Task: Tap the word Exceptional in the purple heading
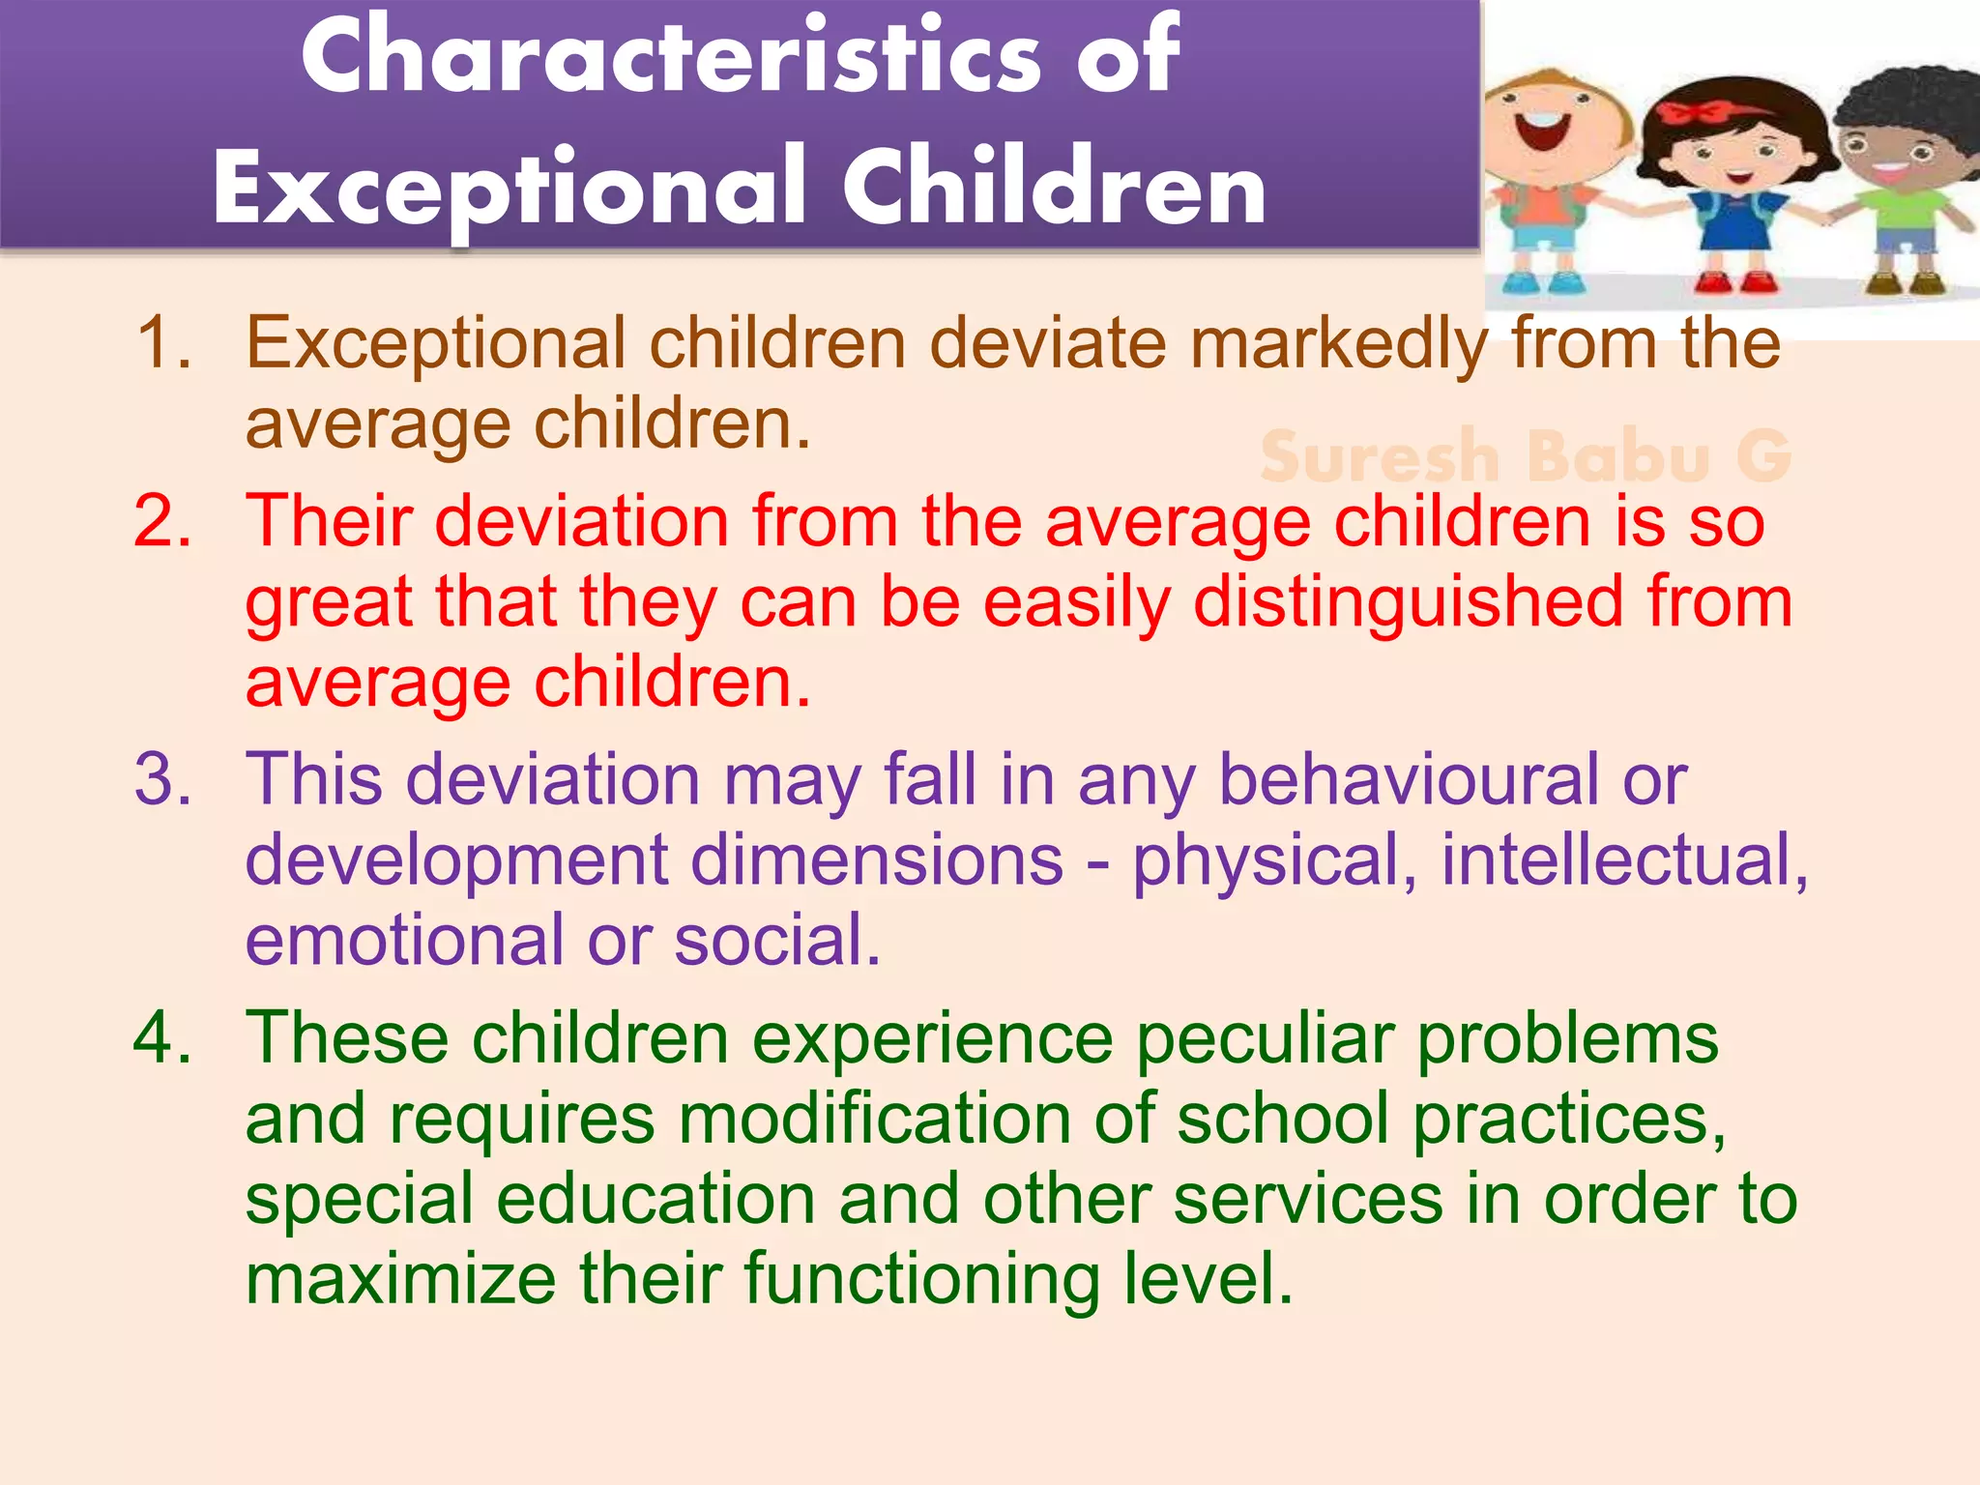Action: pyautogui.click(x=509, y=189)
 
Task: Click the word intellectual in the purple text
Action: pyautogui.click(x=1624, y=859)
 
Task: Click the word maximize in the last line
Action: pyautogui.click(x=400, y=1279)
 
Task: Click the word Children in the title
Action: pyautogui.click(x=1054, y=189)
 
